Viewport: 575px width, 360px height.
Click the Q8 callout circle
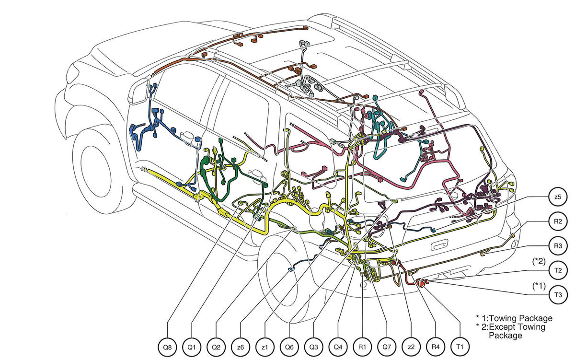point(167,347)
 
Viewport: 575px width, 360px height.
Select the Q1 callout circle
point(192,347)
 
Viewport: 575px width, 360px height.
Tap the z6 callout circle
point(241,347)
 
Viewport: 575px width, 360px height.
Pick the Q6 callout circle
point(289,347)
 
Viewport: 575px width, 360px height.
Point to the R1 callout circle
point(362,347)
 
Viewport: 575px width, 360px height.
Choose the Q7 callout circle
point(387,347)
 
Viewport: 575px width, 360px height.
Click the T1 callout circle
point(460,347)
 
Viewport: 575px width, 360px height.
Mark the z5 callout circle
point(558,197)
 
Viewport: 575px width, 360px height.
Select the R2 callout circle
point(558,221)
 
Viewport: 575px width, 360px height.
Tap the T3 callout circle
point(558,295)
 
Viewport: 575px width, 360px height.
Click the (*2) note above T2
point(539,261)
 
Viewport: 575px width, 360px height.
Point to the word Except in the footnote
point(504,327)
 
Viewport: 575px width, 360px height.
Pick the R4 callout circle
point(436,347)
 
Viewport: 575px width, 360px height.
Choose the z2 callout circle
point(411,347)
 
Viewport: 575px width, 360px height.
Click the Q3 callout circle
point(314,347)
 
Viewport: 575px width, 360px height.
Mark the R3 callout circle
point(558,246)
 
